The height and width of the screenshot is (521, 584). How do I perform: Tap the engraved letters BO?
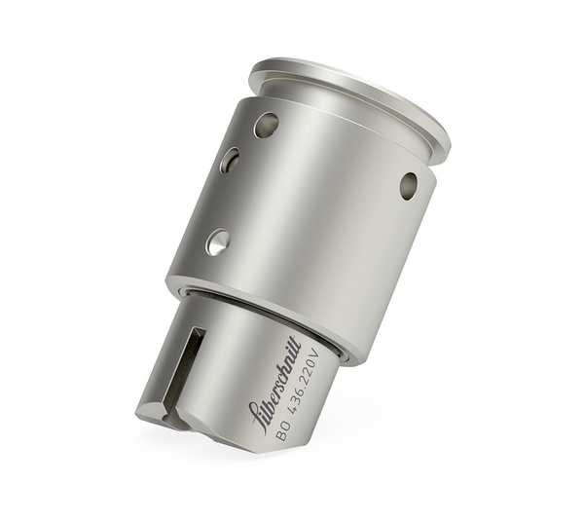(281, 431)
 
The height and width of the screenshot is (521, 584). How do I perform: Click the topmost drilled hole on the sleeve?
(265, 124)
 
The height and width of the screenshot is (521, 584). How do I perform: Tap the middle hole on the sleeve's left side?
(230, 160)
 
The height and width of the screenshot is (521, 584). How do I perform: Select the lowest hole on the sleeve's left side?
(218, 242)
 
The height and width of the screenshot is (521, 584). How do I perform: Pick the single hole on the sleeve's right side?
(408, 185)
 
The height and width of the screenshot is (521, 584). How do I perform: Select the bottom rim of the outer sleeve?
(263, 312)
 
